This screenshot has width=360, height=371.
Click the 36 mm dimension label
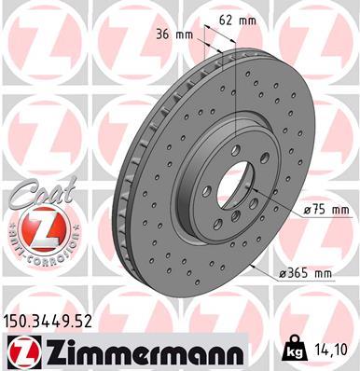(178, 34)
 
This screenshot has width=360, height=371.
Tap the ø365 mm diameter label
(308, 273)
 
